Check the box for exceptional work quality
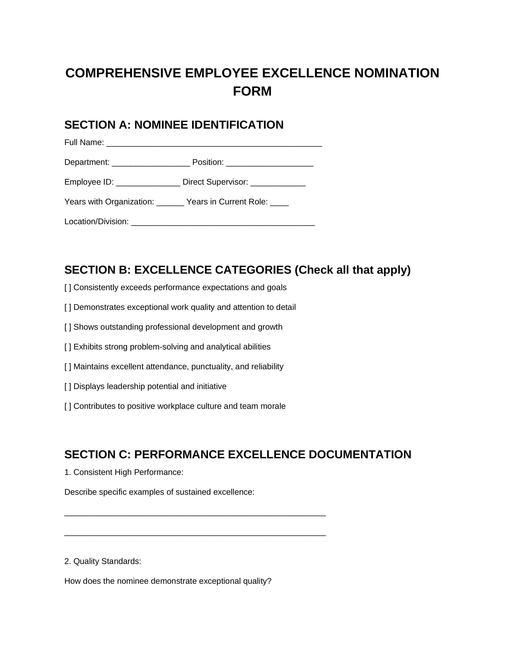(x=68, y=307)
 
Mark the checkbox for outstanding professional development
(x=68, y=327)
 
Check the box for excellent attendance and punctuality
(x=68, y=366)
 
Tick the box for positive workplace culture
(x=68, y=406)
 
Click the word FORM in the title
(x=252, y=91)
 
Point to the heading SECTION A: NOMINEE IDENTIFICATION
(x=174, y=125)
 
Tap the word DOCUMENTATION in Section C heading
(x=360, y=455)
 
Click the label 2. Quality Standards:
(x=103, y=561)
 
